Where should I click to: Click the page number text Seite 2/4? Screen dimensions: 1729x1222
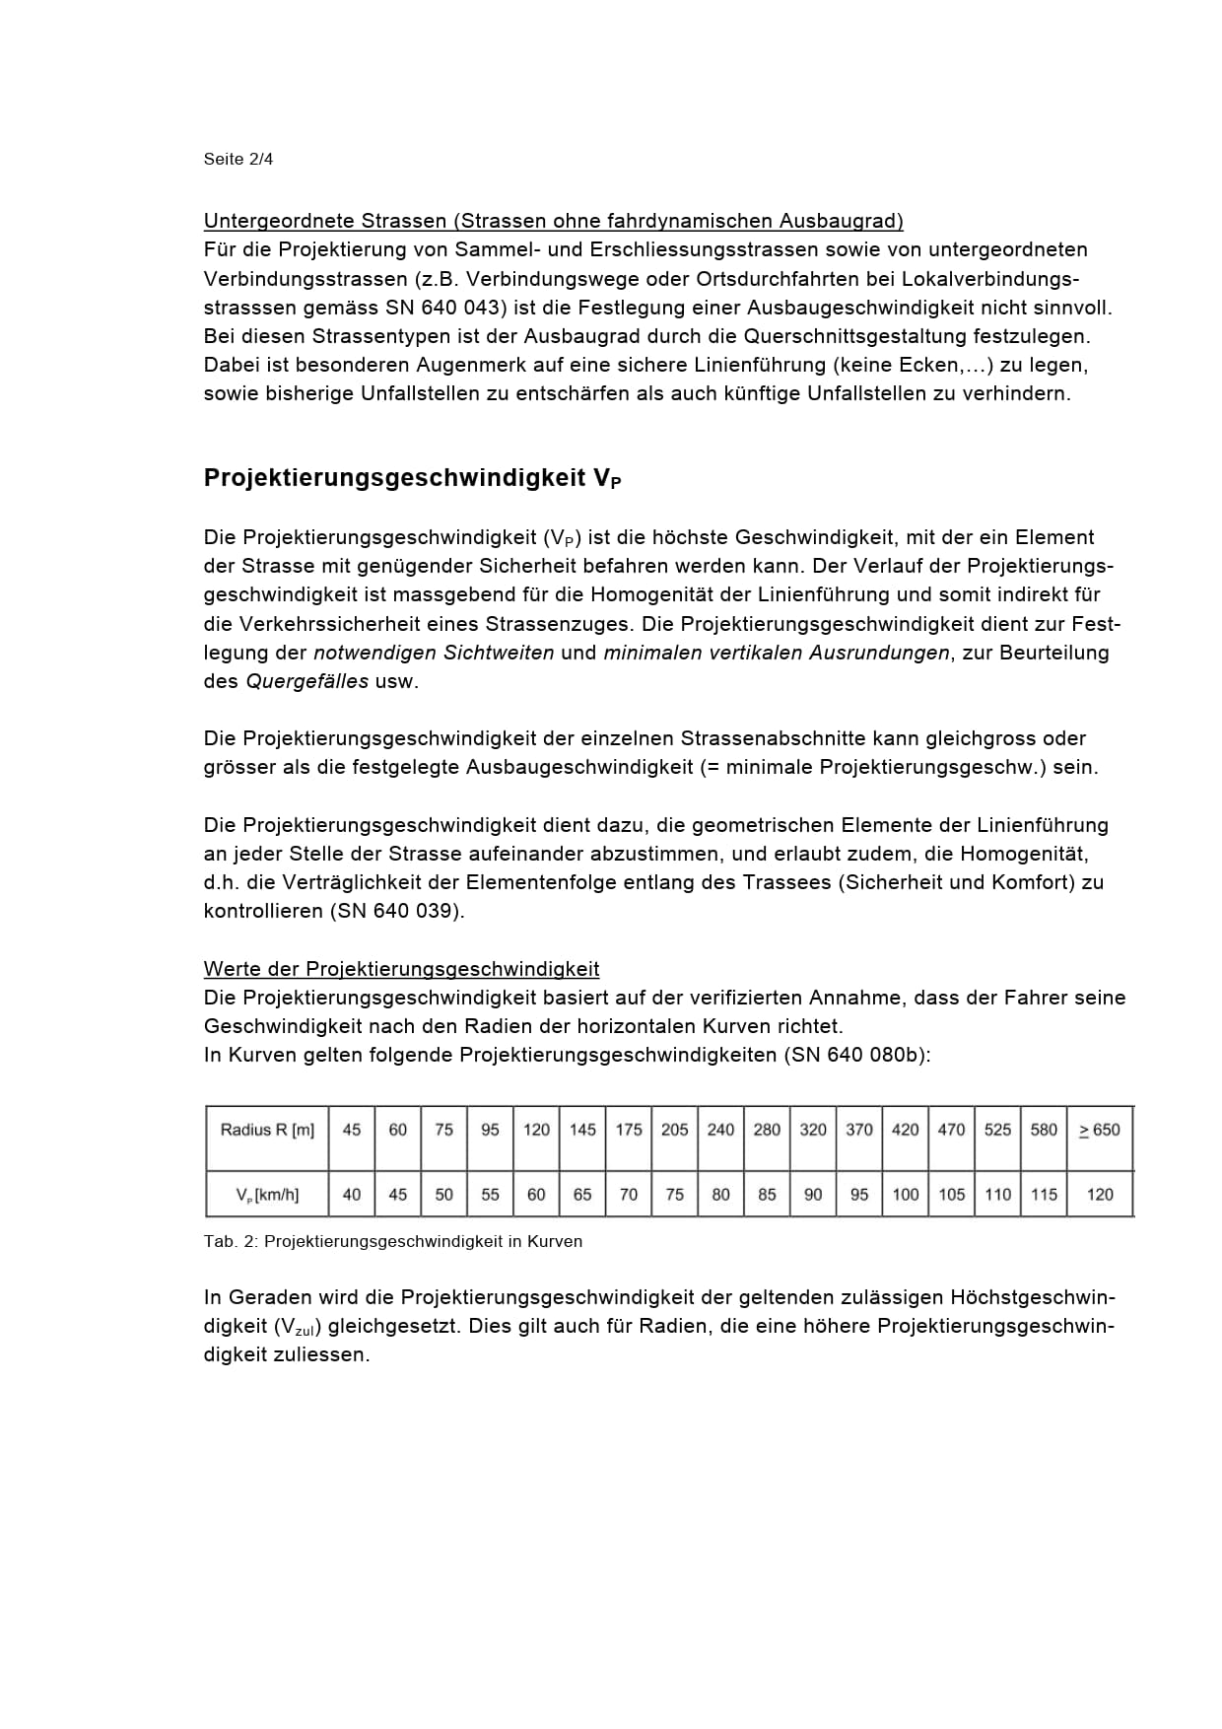click(238, 159)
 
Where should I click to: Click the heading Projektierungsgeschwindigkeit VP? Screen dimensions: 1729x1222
click(412, 478)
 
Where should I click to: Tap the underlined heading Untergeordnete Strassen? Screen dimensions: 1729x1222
click(553, 221)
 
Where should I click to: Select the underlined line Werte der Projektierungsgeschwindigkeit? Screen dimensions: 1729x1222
click(401, 969)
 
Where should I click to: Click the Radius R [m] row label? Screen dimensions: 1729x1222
click(267, 1130)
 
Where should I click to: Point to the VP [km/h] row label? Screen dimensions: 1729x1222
click(267, 1195)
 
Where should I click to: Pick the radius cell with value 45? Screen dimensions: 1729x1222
click(352, 1130)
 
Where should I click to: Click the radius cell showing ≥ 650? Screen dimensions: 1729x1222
click(1099, 1130)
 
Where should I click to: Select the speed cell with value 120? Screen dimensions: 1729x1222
click(1099, 1195)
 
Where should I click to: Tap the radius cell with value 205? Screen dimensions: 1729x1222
click(674, 1130)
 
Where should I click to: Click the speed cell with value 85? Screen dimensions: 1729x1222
click(767, 1195)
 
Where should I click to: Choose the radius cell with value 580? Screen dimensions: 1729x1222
click(1044, 1130)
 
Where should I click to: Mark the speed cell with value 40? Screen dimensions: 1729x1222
click(352, 1195)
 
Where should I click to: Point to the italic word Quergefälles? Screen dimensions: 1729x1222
click(306, 682)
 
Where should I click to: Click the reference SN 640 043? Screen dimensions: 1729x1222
click(445, 308)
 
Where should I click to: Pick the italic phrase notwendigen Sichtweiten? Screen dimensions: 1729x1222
click(434, 654)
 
